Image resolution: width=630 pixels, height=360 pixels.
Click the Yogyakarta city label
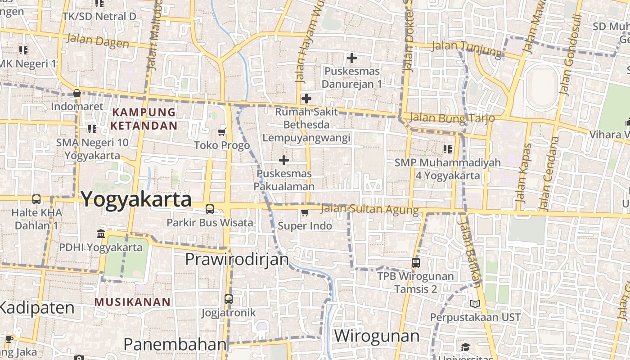point(136,199)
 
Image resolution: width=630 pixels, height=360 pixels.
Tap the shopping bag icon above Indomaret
point(77,94)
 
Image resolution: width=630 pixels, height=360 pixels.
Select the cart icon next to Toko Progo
point(221,132)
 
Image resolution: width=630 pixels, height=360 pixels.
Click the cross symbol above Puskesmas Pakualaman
point(284,160)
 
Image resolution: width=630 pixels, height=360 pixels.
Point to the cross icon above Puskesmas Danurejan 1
point(352,58)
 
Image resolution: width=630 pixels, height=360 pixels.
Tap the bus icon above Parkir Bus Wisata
point(210,209)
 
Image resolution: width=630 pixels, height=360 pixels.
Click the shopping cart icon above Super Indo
point(305,212)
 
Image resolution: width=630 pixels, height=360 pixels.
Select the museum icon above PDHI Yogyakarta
point(101,234)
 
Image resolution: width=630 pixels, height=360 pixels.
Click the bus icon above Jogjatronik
point(229,299)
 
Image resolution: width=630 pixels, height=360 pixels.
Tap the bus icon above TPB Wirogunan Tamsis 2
point(416,262)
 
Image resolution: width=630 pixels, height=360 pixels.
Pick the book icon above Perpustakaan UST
point(475,304)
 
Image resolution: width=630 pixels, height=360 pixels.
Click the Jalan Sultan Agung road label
point(370,209)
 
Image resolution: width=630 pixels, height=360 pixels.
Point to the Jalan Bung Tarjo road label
point(452,118)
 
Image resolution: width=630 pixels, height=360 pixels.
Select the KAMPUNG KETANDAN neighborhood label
point(144,119)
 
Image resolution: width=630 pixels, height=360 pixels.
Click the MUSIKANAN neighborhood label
point(133,302)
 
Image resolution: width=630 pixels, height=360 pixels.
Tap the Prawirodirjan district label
point(237,260)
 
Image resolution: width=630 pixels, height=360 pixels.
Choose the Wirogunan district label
point(377,336)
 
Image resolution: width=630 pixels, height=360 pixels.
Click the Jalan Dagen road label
point(98,41)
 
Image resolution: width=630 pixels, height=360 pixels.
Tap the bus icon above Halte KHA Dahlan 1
point(36,199)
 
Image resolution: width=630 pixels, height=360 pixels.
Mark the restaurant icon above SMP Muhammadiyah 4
point(447,149)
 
